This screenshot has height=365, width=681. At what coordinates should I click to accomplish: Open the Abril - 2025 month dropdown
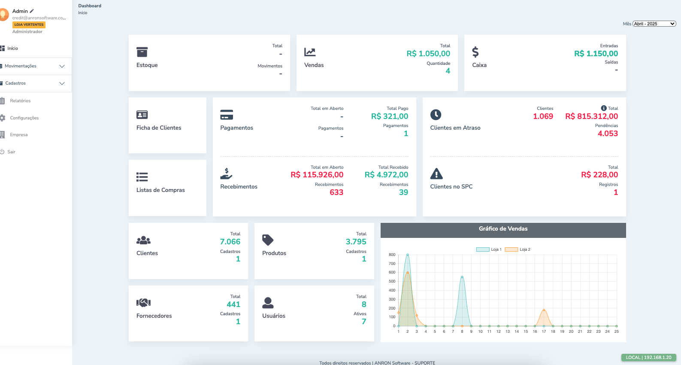pos(654,24)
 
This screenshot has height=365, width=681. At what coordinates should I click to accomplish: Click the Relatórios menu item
pos(20,101)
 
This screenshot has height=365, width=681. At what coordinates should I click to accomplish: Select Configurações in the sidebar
pos(24,118)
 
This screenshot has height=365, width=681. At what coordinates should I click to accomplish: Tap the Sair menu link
pos(11,152)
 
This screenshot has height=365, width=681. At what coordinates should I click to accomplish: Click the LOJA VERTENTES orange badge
pos(29,25)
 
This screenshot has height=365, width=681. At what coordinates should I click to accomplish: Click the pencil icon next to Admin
pos(32,11)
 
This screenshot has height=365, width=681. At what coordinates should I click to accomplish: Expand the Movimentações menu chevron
pos(62,66)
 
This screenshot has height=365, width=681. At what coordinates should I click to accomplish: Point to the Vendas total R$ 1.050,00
pos(428,54)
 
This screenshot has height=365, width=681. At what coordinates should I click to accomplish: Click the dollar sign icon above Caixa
pos(475,52)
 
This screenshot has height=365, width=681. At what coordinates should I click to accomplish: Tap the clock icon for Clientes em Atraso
pos(436,115)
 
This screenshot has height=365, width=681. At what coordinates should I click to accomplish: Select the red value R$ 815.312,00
pos(591,116)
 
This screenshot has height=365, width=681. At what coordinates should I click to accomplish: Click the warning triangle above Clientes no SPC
pos(436,173)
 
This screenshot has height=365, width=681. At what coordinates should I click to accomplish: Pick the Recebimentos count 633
pos(336,192)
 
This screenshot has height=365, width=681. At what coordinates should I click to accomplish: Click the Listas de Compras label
pos(160,190)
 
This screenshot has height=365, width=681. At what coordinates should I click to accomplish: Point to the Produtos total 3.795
pos(356,242)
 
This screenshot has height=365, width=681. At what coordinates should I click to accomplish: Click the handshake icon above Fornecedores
pos(143,303)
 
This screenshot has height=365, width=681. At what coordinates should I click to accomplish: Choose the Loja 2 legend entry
pos(518,249)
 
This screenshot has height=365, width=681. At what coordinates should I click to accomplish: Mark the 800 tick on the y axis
pos(392,255)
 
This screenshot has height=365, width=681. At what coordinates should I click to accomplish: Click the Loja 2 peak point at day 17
pos(544,310)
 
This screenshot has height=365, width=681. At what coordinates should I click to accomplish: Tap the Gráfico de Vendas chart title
pos(503,229)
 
